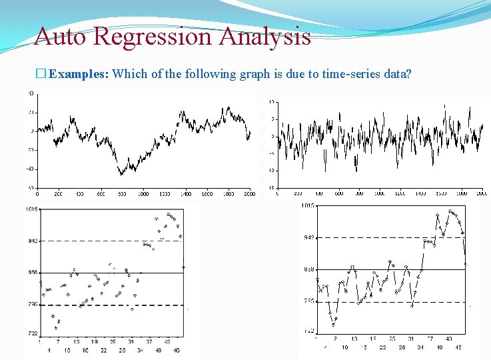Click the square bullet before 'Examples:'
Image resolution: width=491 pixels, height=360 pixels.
tap(42, 74)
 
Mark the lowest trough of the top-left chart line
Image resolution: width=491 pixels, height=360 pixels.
tap(121, 175)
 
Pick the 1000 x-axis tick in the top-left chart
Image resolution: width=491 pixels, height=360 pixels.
tap(143, 194)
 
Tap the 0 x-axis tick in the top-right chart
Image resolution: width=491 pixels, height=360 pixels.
tap(277, 193)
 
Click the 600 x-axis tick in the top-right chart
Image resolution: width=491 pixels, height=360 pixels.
tap(338, 193)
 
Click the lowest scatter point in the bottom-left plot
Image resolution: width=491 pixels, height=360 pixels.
tap(57, 328)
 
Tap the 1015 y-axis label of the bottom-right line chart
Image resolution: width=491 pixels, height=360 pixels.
tap(308, 205)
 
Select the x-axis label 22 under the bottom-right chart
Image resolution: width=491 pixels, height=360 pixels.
tap(382, 347)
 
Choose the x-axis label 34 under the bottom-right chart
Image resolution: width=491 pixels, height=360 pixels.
tap(420, 347)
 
